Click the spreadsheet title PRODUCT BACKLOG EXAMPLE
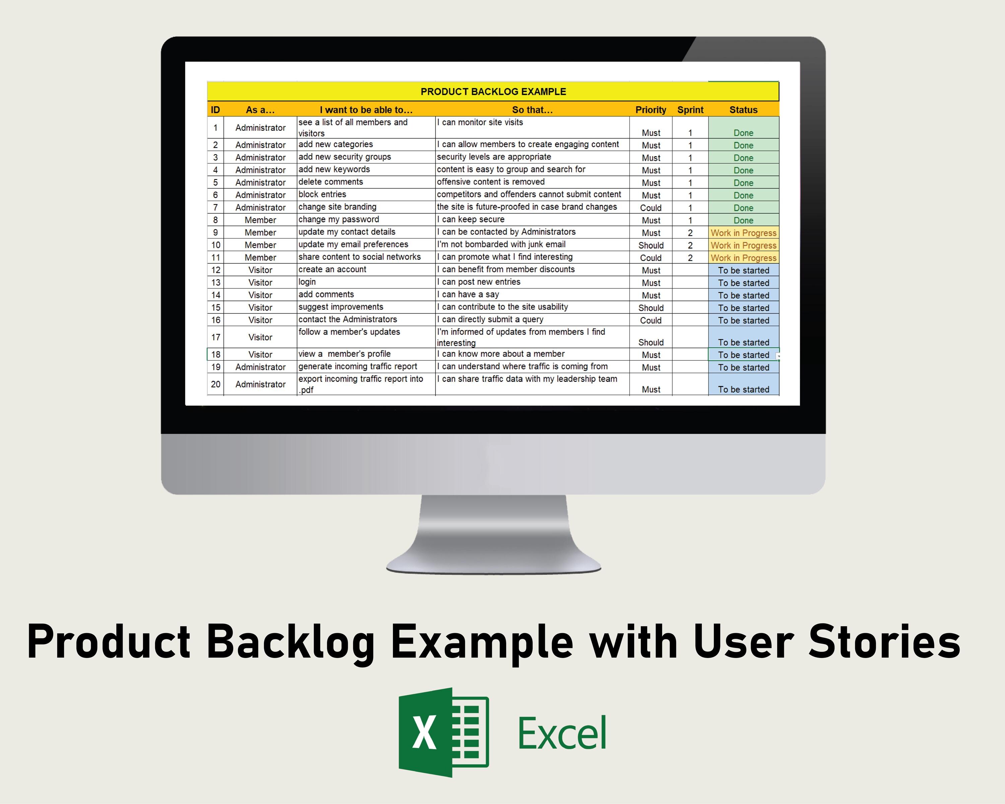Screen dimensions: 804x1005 click(x=493, y=91)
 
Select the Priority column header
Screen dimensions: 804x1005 click(x=650, y=110)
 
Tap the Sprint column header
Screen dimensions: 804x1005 click(x=690, y=110)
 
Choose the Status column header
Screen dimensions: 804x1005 click(x=743, y=110)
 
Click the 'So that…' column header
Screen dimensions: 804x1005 click(x=532, y=110)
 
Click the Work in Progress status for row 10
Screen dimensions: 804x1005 click(x=743, y=245)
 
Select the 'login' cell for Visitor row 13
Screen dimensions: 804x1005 click(x=307, y=282)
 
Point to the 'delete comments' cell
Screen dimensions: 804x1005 click(x=331, y=182)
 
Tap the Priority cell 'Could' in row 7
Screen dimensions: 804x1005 click(x=650, y=208)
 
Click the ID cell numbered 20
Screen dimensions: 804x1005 click(x=215, y=384)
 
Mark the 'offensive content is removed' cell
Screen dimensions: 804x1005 click(x=490, y=182)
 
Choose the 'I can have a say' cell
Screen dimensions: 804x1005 click(x=468, y=294)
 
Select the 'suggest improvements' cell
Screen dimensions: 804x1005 click(x=341, y=307)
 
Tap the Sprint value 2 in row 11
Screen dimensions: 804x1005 click(x=690, y=258)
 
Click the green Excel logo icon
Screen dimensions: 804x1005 click(x=443, y=732)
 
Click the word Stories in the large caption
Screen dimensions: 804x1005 click(x=884, y=642)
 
